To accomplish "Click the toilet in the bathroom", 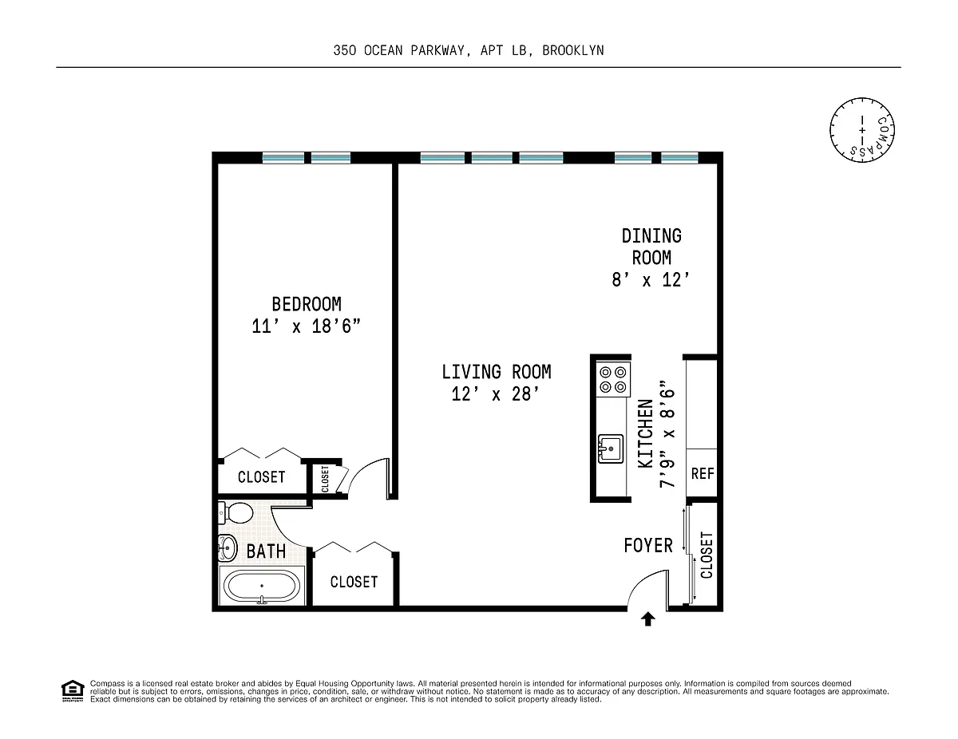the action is pos(236,513).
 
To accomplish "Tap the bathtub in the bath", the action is pos(262,586).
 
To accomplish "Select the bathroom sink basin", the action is pos(228,547).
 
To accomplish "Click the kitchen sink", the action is pos(611,449).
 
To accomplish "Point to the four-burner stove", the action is pos(613,379).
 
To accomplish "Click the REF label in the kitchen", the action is pos(703,474).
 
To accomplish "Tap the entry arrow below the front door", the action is pos(647,618).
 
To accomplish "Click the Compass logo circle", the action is pos(862,130).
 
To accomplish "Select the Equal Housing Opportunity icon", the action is pos(73,690).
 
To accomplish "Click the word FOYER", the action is pos(648,546).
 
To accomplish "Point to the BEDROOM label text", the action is pos(307,304).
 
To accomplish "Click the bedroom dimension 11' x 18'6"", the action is pos(306,326).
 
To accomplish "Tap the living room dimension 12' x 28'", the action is pos(496,394).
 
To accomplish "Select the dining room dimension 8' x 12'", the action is pos(651,280).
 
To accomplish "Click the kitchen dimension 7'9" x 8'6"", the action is pos(667,434).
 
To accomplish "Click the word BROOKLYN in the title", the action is pos(573,51).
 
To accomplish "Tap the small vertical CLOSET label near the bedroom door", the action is pos(325,479).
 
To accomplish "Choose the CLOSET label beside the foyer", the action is pos(707,555).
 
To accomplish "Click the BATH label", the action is pos(266,551).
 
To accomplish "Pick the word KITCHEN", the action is pos(645,434).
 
